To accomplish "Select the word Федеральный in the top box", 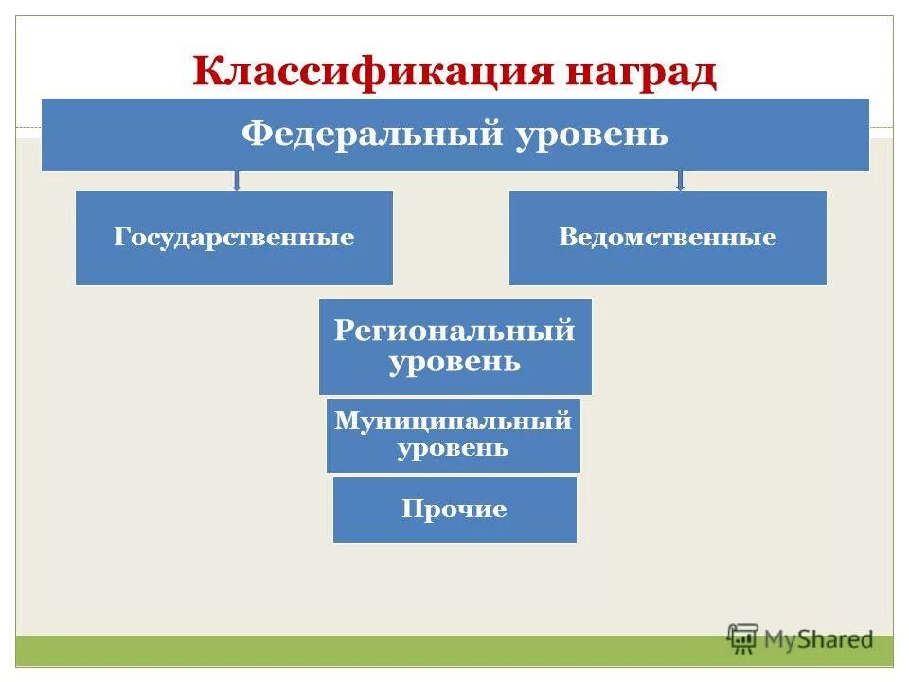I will point(371,135).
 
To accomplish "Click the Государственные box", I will point(234,238).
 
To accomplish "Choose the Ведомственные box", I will point(668,238).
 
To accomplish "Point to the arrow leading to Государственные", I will point(237,181).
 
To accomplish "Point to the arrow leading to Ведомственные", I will point(680,181).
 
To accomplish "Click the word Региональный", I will point(454,332).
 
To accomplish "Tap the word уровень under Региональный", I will point(454,362).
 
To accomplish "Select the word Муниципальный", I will point(454,421).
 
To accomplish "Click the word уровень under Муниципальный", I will point(454,448).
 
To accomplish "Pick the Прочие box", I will point(454,510).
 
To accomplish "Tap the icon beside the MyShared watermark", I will point(743,637).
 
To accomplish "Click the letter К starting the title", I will point(205,72).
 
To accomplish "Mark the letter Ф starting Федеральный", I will point(254,135).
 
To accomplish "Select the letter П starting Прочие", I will point(411,510).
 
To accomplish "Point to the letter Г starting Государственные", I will point(121,238).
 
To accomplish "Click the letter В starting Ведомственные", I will point(565,238).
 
